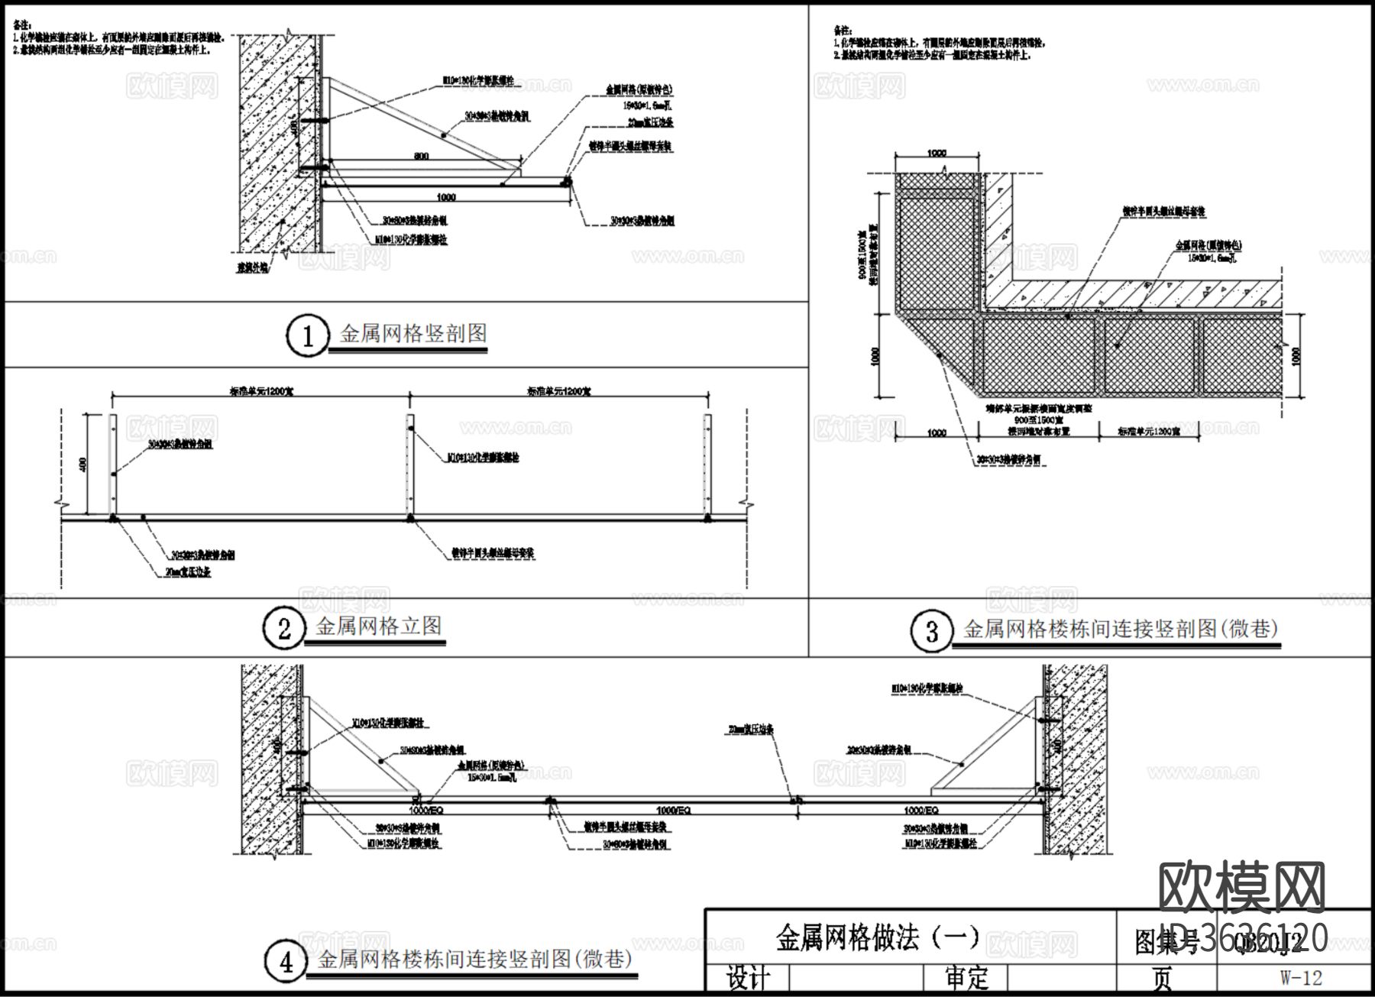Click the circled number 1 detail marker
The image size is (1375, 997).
[307, 336]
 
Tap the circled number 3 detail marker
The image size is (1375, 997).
[931, 631]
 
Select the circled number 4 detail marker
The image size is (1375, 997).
[286, 962]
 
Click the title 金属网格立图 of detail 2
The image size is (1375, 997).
[379, 627]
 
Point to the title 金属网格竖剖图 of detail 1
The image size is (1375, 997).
[413, 334]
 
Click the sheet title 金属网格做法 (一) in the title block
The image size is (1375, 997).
[878, 937]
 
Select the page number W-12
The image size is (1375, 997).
[1301, 978]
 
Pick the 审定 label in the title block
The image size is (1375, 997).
[966, 978]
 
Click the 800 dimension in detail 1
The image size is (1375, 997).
[422, 156]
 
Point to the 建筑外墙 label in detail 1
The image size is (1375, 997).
[252, 269]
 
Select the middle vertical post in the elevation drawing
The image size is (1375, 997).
[410, 466]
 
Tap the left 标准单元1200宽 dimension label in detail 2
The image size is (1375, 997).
[262, 391]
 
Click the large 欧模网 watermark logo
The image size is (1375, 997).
[1241, 889]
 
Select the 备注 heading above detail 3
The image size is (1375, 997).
[841, 31]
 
